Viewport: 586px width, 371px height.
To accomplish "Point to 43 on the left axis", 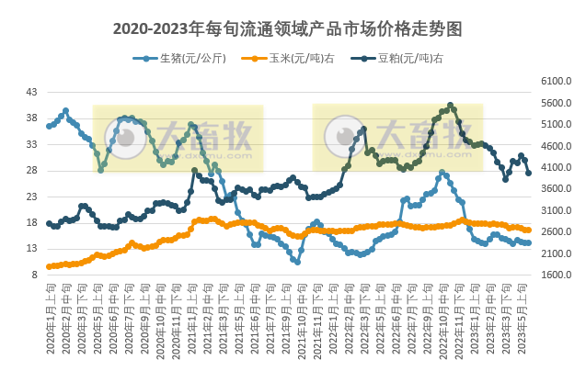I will tap(31, 92).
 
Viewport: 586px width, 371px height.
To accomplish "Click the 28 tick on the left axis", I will tap(31, 171).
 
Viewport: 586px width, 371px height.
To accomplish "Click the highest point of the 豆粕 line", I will tap(450, 105).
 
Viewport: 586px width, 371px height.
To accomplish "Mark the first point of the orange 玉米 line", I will tap(49, 267).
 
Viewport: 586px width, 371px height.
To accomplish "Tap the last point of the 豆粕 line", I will tap(528, 173).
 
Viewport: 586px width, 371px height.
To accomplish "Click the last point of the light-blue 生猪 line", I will tap(528, 243).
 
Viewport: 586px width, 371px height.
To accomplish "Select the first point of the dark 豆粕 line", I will tap(49, 223).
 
